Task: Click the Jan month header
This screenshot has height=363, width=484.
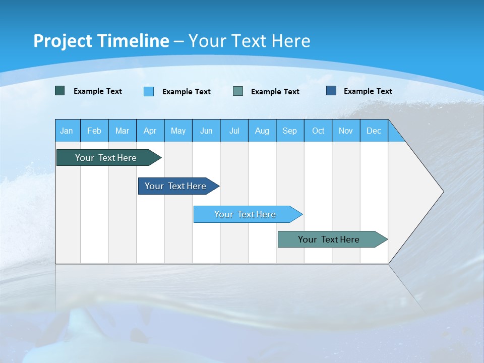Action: [67, 131]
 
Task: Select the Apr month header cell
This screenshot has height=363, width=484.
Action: [150, 131]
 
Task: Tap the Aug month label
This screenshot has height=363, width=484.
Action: [262, 131]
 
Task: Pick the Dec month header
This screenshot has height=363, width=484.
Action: [374, 131]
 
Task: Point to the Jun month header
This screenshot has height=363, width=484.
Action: [206, 131]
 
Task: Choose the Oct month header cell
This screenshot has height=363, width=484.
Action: [318, 131]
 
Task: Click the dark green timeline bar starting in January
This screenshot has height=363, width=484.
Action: [106, 158]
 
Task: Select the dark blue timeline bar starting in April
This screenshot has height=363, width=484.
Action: [175, 186]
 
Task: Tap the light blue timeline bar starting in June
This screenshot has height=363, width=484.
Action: [245, 214]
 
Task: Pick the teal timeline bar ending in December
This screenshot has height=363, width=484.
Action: [329, 239]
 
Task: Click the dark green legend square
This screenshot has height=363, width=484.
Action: [59, 91]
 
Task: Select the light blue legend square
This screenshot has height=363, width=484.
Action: [148, 91]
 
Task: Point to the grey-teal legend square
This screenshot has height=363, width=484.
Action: [237, 91]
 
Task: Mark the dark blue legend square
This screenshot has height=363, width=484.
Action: [331, 91]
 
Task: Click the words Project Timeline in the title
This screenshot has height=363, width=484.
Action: [101, 41]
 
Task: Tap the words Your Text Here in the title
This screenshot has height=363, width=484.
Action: [249, 41]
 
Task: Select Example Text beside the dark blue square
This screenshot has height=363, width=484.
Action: [368, 91]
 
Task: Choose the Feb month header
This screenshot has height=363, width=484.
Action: [94, 131]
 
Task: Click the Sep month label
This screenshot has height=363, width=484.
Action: [289, 131]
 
